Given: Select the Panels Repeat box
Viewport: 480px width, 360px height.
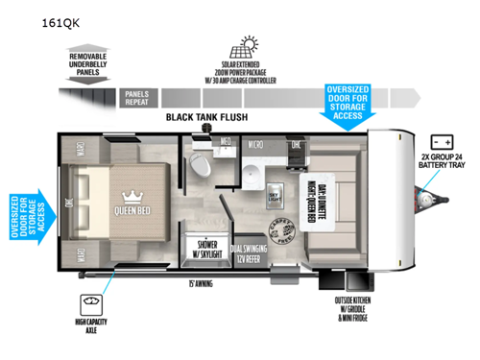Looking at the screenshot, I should pos(136,96).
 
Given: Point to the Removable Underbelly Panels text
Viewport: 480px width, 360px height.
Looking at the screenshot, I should pos(94,64).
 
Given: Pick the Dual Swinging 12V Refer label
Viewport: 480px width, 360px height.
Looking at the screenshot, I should pos(248,250).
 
